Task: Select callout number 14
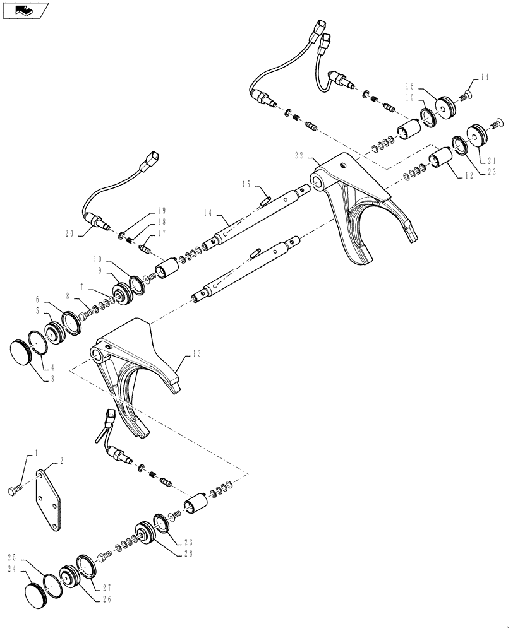click(209, 213)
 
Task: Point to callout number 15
click(246, 184)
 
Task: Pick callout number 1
click(36, 453)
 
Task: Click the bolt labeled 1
click(15, 489)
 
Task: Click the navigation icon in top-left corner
click(25, 10)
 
